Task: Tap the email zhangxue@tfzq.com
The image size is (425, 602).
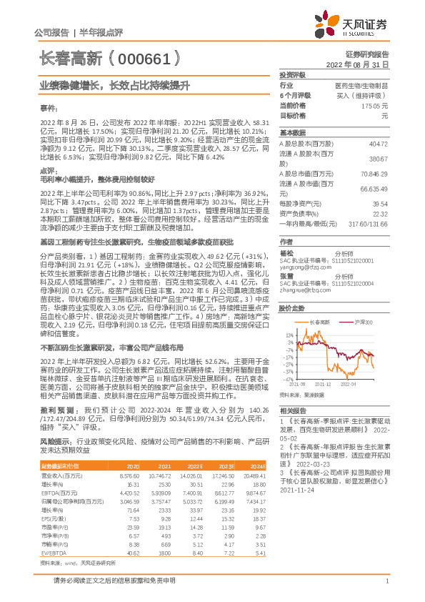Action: click(305, 290)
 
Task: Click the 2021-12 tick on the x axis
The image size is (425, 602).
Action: click(321, 383)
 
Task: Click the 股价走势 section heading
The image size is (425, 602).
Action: click(293, 308)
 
